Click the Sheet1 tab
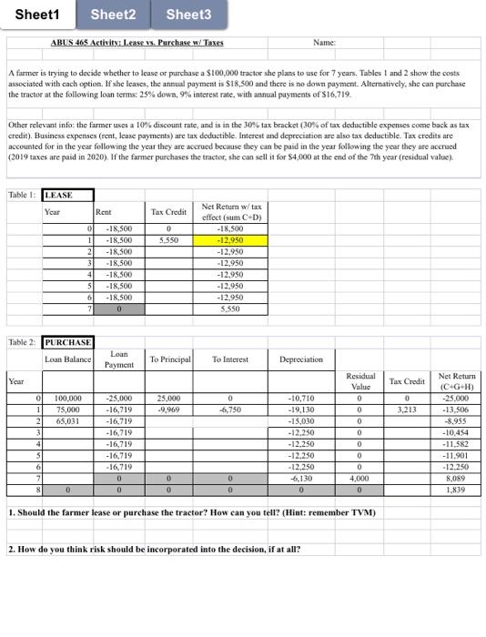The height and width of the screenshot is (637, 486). [x=38, y=15]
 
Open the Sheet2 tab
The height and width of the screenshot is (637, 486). [x=114, y=15]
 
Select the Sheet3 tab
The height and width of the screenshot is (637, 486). [x=188, y=15]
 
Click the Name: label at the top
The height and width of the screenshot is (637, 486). [x=324, y=43]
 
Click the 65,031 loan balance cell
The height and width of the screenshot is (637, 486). [x=68, y=421]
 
